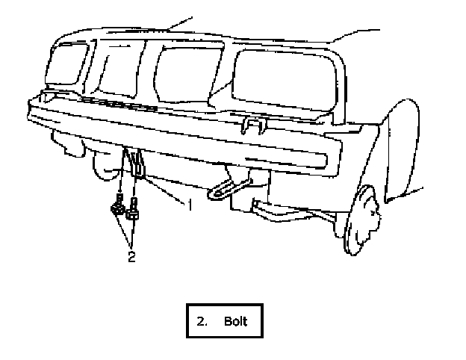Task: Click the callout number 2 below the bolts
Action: point(131,258)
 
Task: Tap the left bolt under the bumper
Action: point(118,207)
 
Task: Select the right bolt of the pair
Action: point(134,212)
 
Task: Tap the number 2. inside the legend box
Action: point(202,322)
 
